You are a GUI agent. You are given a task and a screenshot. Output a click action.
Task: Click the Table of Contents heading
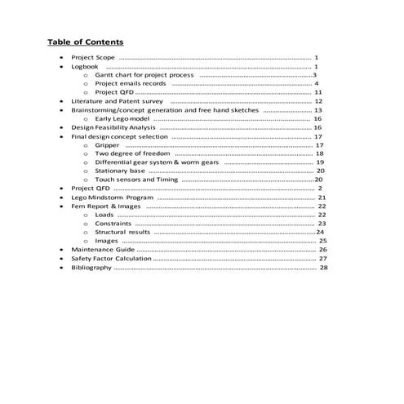coord(85,42)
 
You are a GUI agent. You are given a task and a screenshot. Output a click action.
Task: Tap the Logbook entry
coord(85,67)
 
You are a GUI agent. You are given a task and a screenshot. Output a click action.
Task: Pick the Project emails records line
coord(131,83)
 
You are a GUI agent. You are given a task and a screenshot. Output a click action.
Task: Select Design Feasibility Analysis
coord(113,127)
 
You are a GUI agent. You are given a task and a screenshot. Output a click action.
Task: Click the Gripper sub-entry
coord(107,145)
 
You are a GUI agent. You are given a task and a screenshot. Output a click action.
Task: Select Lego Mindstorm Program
coord(112,198)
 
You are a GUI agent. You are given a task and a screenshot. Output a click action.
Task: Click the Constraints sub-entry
coord(113,223)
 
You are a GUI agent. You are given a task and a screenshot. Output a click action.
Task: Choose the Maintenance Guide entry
coord(102,249)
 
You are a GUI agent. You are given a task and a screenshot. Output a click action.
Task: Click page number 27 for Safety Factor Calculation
coord(323,258)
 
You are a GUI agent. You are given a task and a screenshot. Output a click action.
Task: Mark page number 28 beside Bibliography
coord(324,267)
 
